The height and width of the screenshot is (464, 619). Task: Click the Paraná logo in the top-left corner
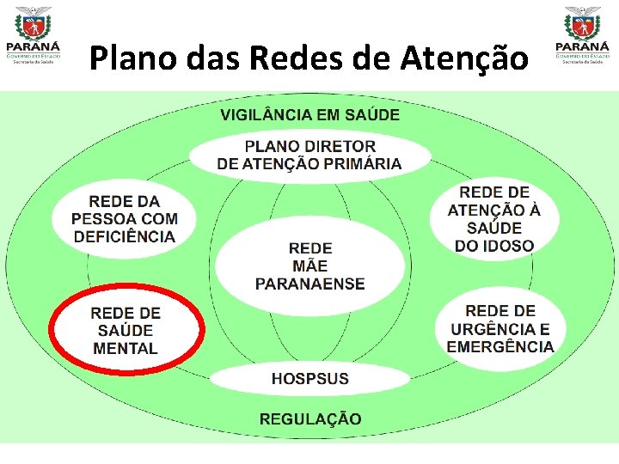(x=32, y=35)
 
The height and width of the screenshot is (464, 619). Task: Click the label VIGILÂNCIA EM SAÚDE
(x=309, y=114)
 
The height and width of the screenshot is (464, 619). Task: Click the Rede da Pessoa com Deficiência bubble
(x=123, y=219)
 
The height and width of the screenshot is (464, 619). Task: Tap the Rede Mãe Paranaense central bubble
(x=309, y=266)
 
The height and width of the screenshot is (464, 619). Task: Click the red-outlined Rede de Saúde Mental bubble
(x=126, y=330)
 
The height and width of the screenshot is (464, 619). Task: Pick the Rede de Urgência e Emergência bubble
(x=499, y=329)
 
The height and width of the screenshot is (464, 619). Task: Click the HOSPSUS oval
(x=309, y=378)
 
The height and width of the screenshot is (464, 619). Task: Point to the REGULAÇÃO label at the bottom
(x=310, y=419)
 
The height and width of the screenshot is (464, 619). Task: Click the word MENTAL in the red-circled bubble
(x=126, y=349)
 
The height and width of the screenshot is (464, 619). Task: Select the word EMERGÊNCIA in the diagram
(x=499, y=347)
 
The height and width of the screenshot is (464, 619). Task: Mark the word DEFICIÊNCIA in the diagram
(x=124, y=237)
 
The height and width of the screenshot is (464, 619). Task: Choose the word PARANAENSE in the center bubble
(x=309, y=284)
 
